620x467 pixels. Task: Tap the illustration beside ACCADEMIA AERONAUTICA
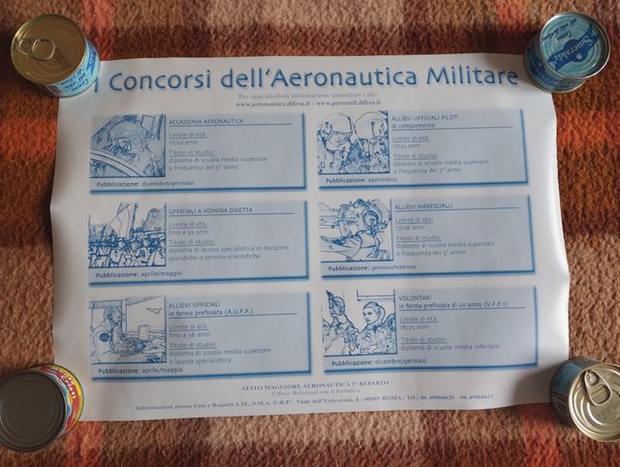127,147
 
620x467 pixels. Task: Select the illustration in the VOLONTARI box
359,323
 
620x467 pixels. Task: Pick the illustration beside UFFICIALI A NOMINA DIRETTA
127,238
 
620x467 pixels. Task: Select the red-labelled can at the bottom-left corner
39,407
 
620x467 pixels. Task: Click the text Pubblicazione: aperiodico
363,180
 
